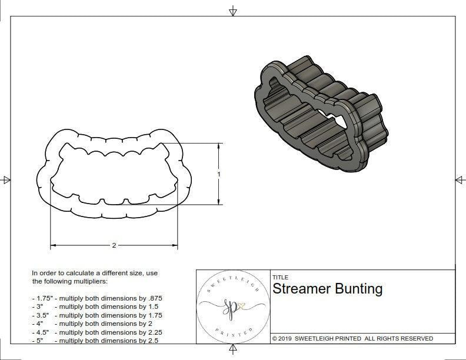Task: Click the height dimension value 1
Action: point(219,174)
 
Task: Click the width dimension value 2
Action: point(114,245)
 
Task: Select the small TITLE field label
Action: point(279,278)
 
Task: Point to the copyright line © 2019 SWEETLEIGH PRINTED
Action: point(352,338)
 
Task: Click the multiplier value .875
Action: point(154,298)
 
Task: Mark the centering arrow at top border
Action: point(233,11)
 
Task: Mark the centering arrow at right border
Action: point(459,180)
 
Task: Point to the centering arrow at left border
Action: point(6,180)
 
